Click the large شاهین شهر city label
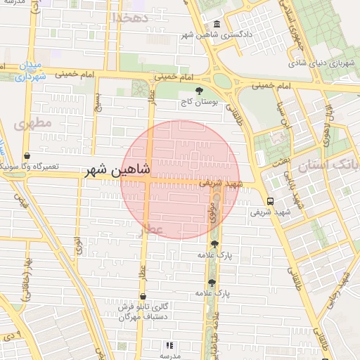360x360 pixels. [x=117, y=170]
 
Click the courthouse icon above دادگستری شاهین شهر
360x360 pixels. [x=216, y=24]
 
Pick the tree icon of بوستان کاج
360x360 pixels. [x=199, y=91]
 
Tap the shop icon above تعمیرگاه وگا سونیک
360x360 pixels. [x=27, y=156]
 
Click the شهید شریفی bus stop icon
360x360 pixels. [x=271, y=200]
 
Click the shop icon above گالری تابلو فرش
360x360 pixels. [x=143, y=297]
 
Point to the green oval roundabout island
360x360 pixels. [x=223, y=81]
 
